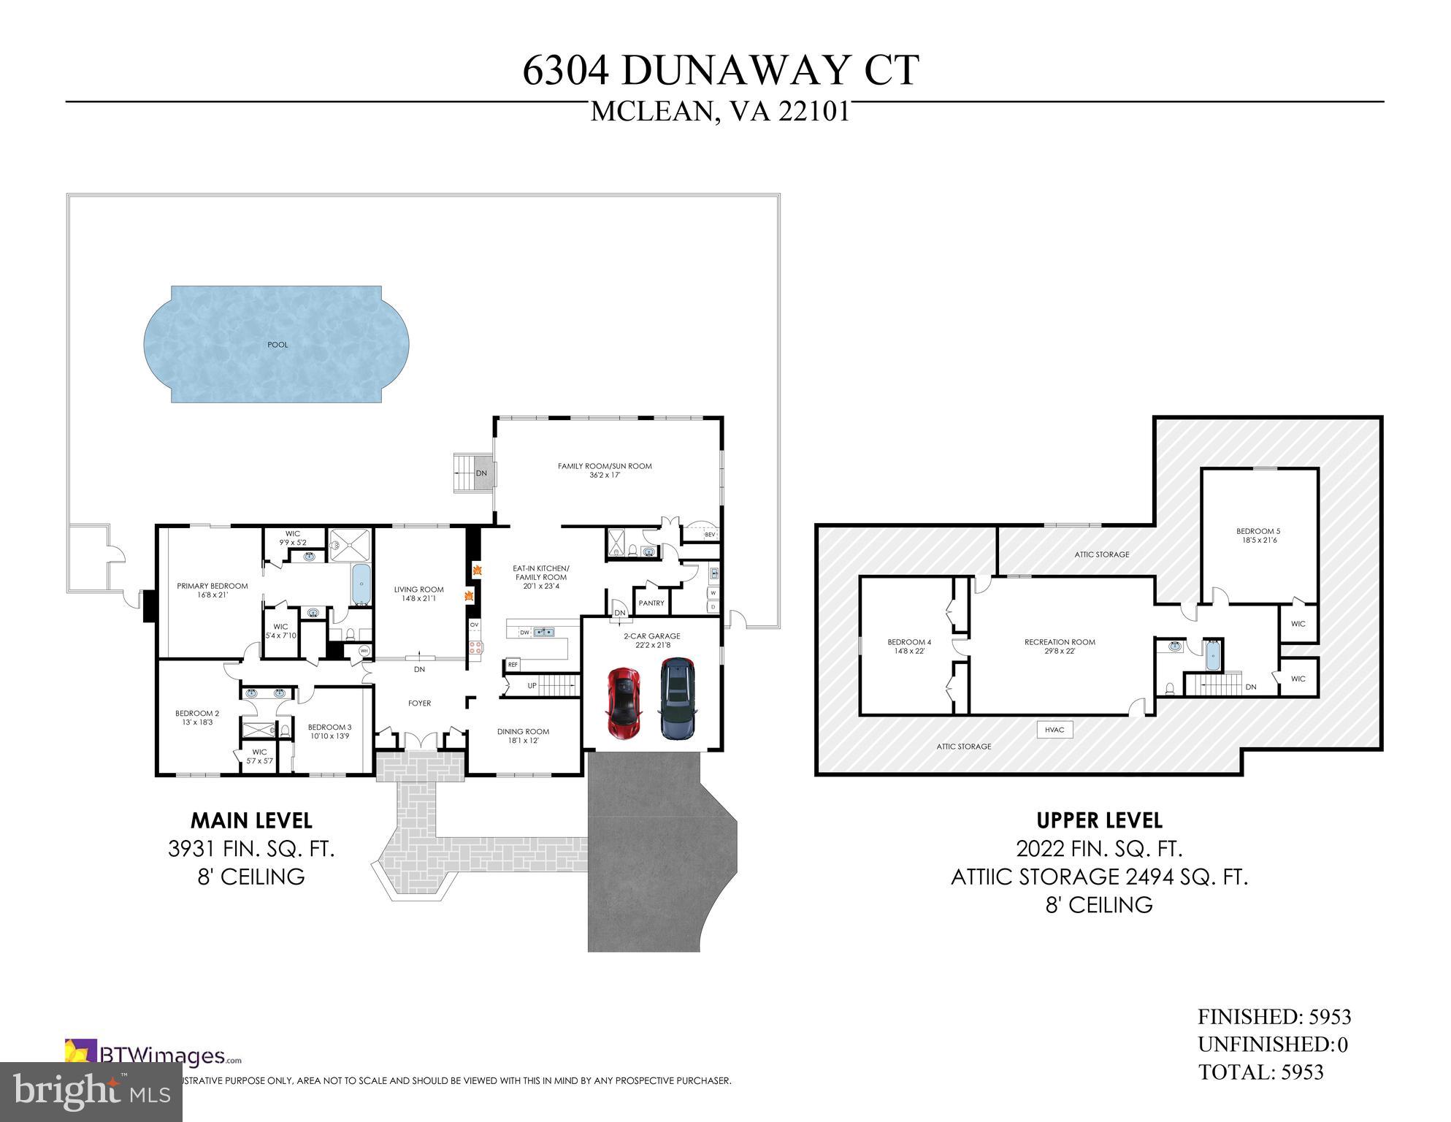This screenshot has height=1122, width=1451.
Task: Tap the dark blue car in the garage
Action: tap(678, 699)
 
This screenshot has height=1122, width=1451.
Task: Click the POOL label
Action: tap(277, 345)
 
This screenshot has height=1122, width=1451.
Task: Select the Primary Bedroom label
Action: tap(213, 590)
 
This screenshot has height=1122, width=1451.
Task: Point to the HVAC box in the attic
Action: tap(1054, 730)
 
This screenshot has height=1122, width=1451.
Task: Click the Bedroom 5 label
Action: tap(1258, 535)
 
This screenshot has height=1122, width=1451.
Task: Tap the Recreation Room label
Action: tap(1060, 646)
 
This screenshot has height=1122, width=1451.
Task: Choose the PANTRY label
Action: tap(651, 603)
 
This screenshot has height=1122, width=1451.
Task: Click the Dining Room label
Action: tap(523, 736)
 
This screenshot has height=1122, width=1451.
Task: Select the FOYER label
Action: tap(419, 703)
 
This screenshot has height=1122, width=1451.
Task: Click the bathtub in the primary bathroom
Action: tap(361, 584)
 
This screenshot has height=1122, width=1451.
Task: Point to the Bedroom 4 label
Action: tap(909, 646)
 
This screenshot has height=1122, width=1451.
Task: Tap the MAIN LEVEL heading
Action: tap(251, 820)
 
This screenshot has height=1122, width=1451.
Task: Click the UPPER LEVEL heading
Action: tap(1099, 820)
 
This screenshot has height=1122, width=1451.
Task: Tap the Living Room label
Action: tap(419, 594)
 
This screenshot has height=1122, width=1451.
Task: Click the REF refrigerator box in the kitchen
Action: tap(513, 665)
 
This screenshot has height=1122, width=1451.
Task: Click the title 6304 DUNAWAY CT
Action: tap(720, 71)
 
